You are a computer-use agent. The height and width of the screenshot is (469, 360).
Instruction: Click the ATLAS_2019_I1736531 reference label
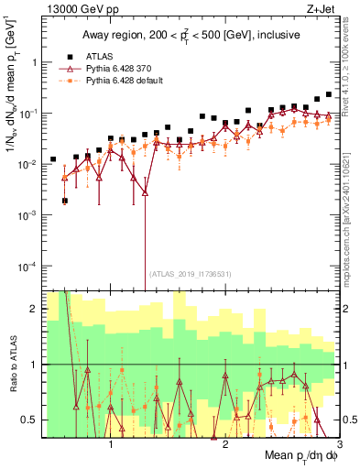pos(190,273)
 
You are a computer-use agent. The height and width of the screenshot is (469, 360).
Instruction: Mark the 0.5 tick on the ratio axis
pos(29,420)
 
